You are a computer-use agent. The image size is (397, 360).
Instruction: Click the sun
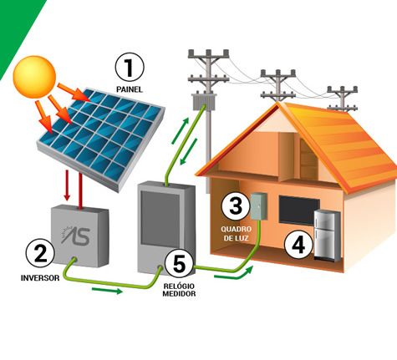[34, 77]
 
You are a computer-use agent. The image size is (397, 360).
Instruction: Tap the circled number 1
[130, 68]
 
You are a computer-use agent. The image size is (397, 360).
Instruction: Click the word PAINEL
[130, 89]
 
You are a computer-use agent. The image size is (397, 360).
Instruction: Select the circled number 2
[40, 253]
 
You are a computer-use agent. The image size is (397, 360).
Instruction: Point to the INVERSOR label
[40, 278]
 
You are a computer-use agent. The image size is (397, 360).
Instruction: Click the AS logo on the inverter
[76, 236]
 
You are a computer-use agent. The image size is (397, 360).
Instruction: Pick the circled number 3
[236, 206]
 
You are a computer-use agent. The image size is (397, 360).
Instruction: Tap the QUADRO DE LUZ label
[237, 234]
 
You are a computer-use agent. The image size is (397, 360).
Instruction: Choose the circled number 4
[298, 245]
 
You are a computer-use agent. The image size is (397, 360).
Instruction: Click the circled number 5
[179, 263]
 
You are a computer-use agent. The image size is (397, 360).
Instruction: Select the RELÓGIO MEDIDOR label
[179, 290]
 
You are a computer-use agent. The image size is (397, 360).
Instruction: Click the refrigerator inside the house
[328, 236]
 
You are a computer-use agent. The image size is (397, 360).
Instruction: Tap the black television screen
[299, 211]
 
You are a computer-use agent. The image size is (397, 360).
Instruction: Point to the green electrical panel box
[258, 206]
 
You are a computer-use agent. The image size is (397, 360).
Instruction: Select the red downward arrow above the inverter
[67, 185]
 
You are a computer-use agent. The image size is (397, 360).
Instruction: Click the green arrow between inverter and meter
[107, 291]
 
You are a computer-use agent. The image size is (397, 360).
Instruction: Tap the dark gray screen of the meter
[156, 218]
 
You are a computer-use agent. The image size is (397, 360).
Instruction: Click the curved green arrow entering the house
[234, 274]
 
